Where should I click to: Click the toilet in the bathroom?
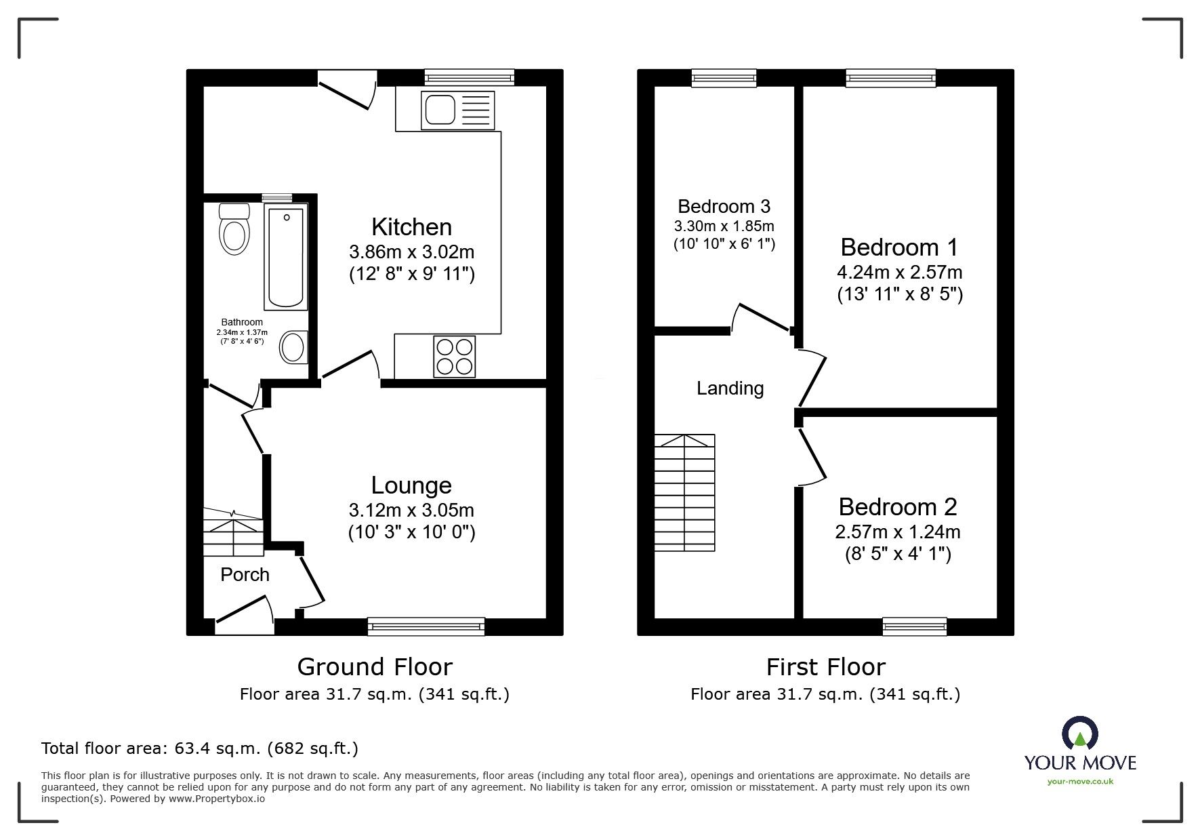234,229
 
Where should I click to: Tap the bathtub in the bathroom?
287,259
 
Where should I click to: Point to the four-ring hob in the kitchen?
454,357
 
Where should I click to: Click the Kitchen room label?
411,226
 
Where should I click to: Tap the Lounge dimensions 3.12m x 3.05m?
411,510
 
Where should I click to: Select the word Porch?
245,575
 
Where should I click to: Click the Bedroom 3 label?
724,206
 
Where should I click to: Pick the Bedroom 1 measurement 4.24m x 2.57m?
900,272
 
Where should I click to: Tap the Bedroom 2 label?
898,506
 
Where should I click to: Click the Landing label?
730,388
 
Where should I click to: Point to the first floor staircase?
684,492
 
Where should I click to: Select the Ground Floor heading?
375,667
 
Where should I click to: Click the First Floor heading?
825,667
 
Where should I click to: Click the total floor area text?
200,748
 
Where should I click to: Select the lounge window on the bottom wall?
426,626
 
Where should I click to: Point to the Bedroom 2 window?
914,626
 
